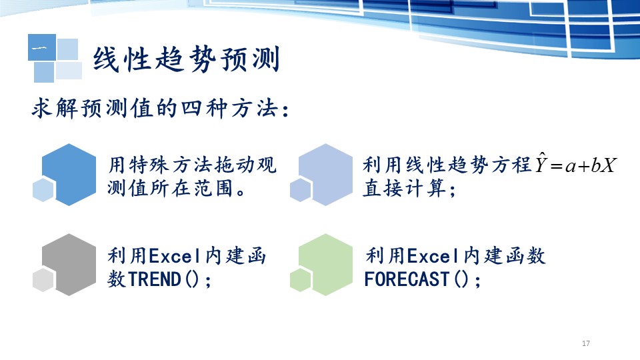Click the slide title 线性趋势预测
(x=187, y=59)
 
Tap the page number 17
(x=586, y=343)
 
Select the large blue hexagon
(x=69, y=174)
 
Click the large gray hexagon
(x=69, y=265)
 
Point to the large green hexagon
(x=325, y=265)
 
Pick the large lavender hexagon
(x=325, y=174)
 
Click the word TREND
(x=155, y=279)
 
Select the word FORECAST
(x=407, y=279)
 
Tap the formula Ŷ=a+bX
(x=575, y=163)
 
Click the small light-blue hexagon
(x=43, y=189)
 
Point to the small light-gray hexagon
(x=43, y=279)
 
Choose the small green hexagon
(x=301, y=279)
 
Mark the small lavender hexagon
(x=301, y=189)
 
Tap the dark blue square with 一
(x=42, y=47)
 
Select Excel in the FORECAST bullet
(x=433, y=256)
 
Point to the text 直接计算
(x=405, y=189)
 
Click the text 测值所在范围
(x=171, y=189)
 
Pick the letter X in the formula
(x=608, y=165)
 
